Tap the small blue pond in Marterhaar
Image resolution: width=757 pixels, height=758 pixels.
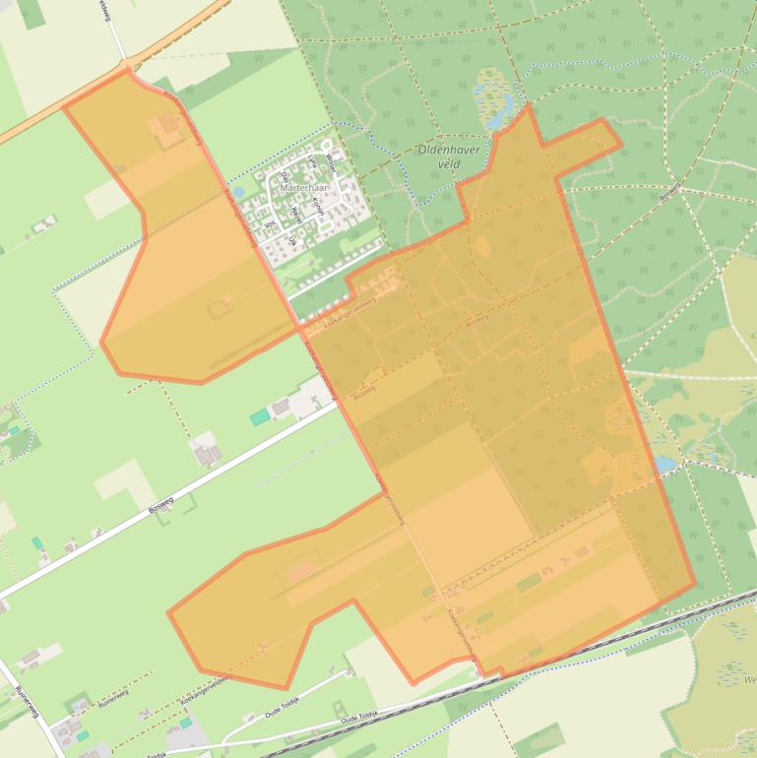coord(239,193)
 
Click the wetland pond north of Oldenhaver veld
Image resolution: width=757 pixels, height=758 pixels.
coord(492,99)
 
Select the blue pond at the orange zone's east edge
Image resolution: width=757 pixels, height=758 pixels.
coord(663,463)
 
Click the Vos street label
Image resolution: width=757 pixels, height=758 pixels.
coord(270,224)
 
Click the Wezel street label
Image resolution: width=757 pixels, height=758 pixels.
coord(295,215)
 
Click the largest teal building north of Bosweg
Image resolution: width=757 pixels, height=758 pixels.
coord(259,417)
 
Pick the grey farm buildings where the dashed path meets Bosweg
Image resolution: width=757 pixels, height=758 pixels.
coord(208,452)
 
